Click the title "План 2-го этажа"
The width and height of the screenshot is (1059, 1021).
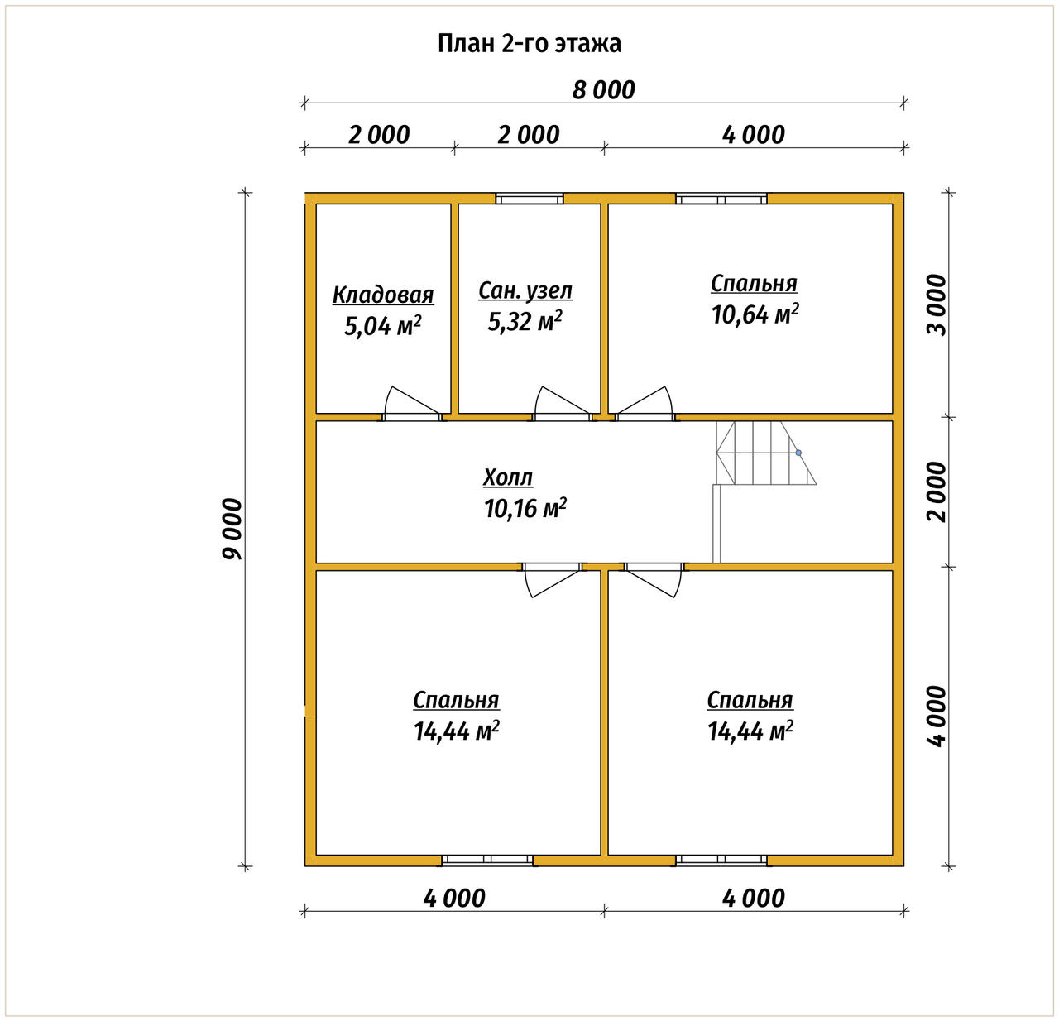pyautogui.click(x=529, y=44)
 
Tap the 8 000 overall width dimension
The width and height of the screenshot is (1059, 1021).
pyautogui.click(x=603, y=90)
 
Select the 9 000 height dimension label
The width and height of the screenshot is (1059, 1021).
pyautogui.click(x=232, y=529)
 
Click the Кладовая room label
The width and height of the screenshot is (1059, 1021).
pyautogui.click(x=383, y=295)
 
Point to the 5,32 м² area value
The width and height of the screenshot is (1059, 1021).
pyautogui.click(x=525, y=321)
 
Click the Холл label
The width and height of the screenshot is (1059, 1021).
pyautogui.click(x=508, y=477)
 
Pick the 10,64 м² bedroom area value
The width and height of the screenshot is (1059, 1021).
pyautogui.click(x=755, y=314)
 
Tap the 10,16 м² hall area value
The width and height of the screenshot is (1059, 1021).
pyautogui.click(x=525, y=508)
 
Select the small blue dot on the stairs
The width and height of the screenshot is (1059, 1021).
pyautogui.click(x=798, y=453)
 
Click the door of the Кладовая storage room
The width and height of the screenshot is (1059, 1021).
pyautogui.click(x=412, y=403)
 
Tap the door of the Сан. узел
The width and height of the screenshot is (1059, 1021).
pyautogui.click(x=562, y=403)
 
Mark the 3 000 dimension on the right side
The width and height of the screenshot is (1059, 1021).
pyautogui.click(x=937, y=304)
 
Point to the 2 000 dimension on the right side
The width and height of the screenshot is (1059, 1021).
pyautogui.click(x=937, y=492)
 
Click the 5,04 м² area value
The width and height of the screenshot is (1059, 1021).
pyautogui.click(x=382, y=326)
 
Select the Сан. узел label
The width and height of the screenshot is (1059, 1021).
pyautogui.click(x=525, y=290)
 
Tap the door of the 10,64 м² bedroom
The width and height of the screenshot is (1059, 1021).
pyautogui.click(x=645, y=403)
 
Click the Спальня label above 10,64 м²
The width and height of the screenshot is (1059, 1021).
pyautogui.click(x=754, y=284)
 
